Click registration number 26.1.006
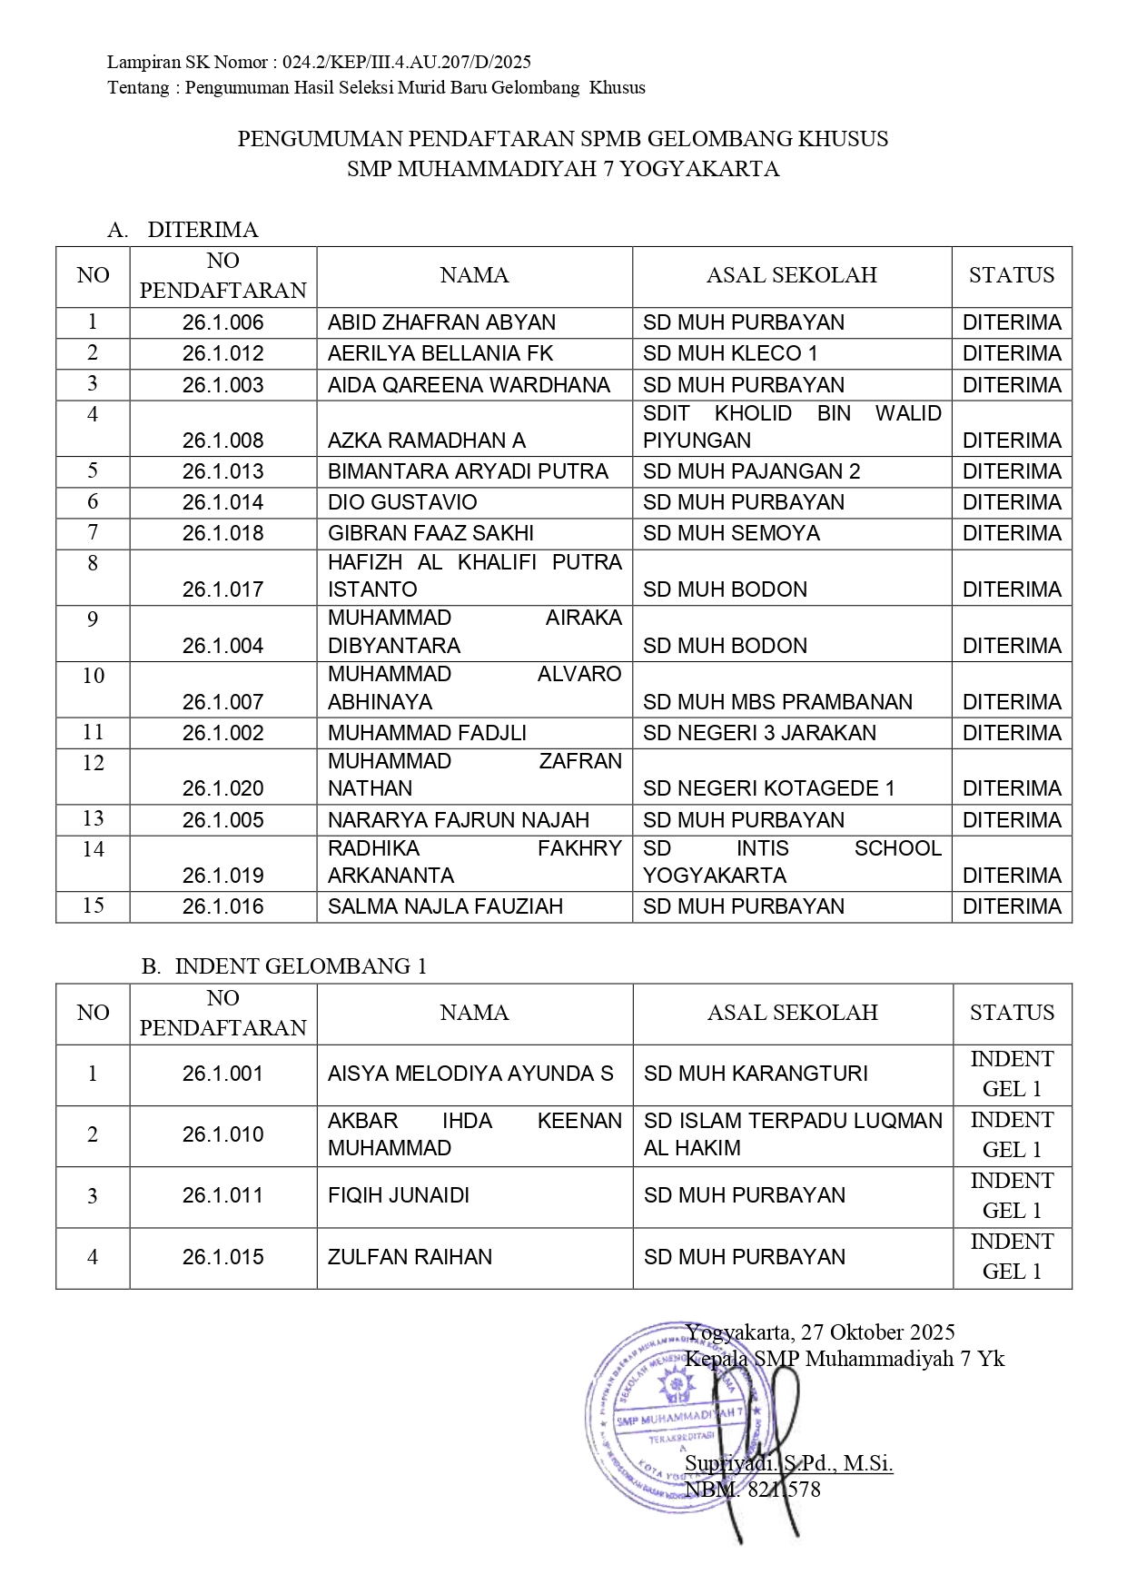[222, 322]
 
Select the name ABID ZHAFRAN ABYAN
[441, 322]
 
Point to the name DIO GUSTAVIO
[402, 502]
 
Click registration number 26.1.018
[222, 533]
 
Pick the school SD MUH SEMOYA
[731, 533]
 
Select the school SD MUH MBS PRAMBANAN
[777, 702]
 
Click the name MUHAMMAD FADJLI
[427, 733]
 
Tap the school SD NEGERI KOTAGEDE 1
[768, 788]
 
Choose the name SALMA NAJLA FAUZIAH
[445, 906]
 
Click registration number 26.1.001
[222, 1074]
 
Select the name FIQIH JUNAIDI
[399, 1195]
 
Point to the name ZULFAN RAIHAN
[410, 1257]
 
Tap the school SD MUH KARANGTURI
[756, 1074]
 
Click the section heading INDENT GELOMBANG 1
[300, 966]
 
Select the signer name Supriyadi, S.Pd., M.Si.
[788, 1463]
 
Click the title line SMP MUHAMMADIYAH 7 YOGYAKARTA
[563, 169]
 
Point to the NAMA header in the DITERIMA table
[474, 275]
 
